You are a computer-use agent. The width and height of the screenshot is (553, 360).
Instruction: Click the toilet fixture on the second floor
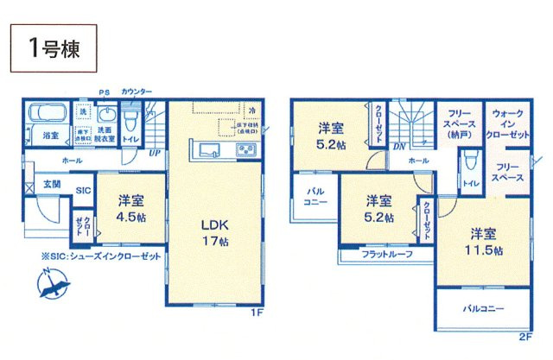pos(469,161)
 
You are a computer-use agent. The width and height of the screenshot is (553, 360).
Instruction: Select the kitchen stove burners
pos(245,151)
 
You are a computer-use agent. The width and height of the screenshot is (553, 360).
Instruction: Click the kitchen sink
pos(211,151)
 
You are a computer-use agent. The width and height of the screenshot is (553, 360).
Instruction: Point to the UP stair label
pos(155,153)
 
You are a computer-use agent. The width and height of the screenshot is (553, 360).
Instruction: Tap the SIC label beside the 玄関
pos(83,191)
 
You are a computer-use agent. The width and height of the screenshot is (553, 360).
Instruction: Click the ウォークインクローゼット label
pos(507,124)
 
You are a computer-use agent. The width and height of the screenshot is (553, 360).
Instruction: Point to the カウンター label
pos(137,92)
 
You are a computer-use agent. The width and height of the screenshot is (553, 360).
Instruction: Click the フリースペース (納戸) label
pos(455,124)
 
